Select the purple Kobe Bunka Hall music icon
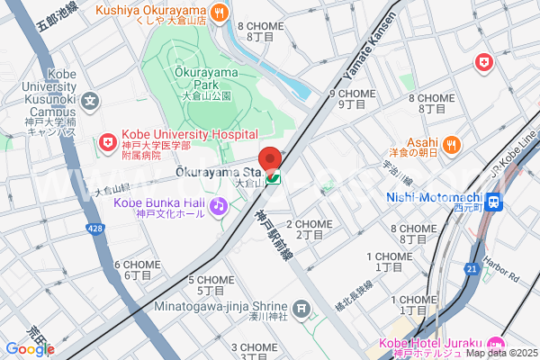(218, 207)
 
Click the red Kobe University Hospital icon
(107, 142)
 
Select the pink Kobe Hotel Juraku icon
(494, 344)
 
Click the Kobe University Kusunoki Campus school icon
(91, 102)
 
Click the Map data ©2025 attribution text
(500, 352)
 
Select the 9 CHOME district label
(352, 94)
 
